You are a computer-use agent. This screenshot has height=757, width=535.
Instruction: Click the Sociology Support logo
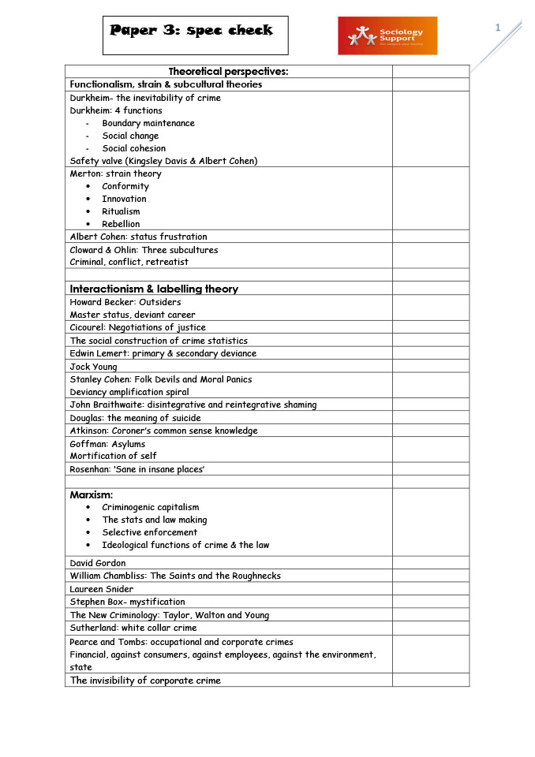387,35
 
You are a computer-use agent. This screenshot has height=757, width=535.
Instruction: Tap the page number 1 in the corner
498,28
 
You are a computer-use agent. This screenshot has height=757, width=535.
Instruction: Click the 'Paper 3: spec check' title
191,31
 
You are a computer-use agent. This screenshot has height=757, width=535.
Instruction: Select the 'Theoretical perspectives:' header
228,72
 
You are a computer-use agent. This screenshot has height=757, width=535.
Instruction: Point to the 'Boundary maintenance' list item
148,123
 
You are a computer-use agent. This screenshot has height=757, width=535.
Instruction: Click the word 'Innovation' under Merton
124,199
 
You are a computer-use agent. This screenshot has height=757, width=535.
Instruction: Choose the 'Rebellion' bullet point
121,224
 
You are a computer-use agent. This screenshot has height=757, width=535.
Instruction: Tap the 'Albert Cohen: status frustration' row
139,237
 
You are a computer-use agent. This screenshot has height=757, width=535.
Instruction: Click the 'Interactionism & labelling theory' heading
154,289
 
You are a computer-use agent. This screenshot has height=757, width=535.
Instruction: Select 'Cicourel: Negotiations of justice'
138,327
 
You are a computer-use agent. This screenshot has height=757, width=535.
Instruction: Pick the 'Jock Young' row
93,367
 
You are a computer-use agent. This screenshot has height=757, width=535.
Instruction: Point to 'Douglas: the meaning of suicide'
135,418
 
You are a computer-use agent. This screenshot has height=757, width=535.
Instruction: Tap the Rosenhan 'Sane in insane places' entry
137,469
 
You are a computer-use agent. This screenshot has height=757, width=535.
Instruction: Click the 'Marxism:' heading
92,494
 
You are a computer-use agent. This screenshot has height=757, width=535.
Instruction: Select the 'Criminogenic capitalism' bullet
150,507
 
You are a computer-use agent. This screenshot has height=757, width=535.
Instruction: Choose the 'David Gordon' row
98,563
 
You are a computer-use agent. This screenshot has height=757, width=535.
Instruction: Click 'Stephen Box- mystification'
127,602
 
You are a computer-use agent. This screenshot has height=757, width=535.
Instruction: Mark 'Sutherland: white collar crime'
133,628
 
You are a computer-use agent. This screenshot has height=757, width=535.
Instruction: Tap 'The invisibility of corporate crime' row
145,680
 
